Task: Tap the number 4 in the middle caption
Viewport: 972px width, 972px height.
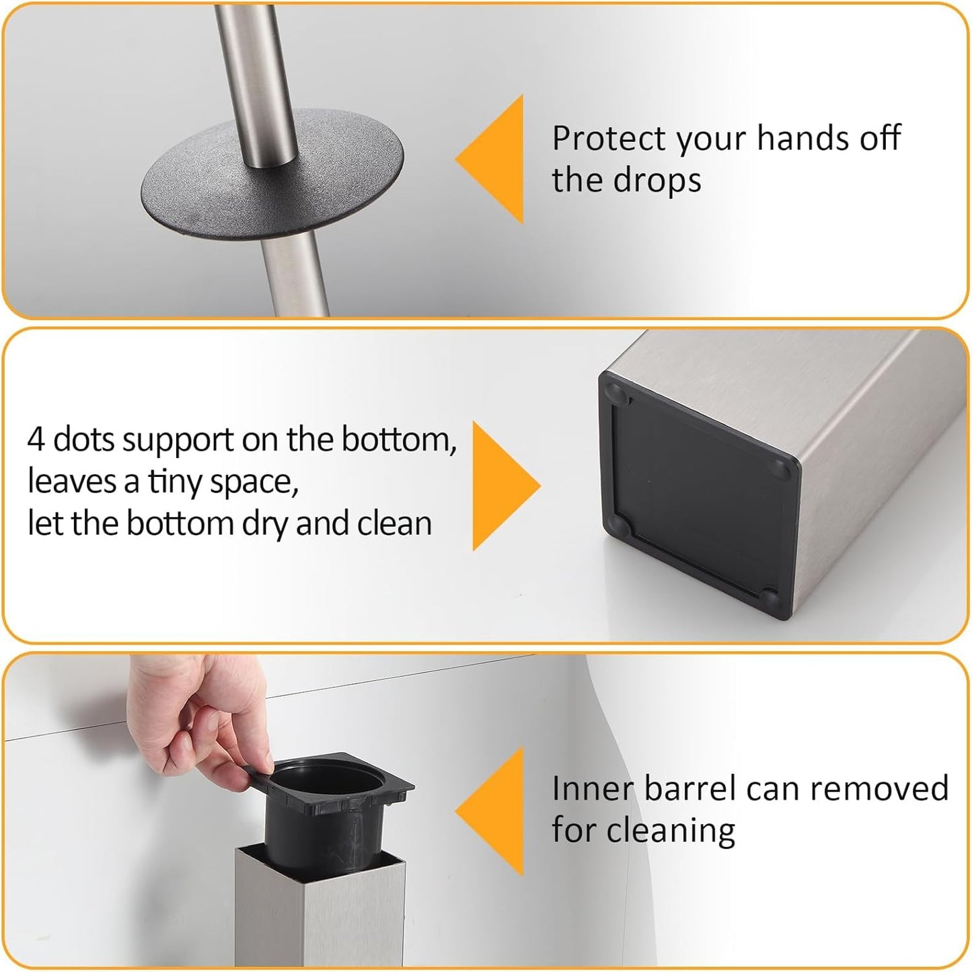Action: tap(35, 440)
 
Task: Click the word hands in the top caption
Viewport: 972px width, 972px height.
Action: tap(794, 139)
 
